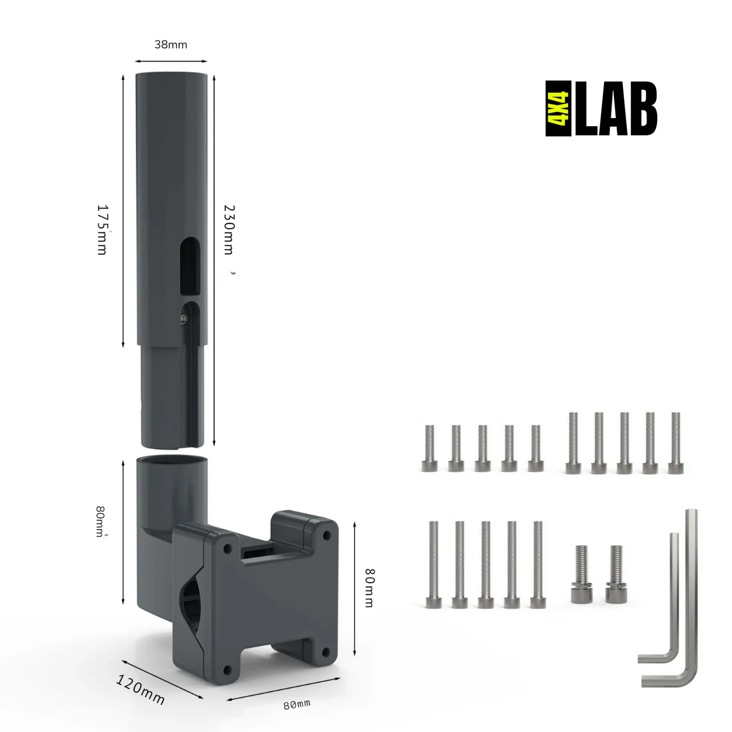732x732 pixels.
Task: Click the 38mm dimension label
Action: point(171,45)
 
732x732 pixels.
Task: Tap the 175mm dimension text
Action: point(102,229)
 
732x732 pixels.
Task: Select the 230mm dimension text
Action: point(229,229)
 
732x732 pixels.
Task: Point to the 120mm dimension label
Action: point(140,689)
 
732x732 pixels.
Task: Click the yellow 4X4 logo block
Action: point(558,108)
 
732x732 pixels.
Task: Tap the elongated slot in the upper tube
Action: point(190,265)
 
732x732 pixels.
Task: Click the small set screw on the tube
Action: point(183,318)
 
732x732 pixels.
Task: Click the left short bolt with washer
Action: point(582,574)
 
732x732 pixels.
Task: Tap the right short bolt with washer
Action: point(616,574)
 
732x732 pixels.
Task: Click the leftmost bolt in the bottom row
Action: point(434,564)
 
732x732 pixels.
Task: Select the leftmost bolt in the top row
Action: point(430,448)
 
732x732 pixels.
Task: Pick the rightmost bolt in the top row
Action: point(675,443)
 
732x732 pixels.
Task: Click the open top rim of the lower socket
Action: point(172,461)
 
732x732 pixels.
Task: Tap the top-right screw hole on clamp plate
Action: point(327,535)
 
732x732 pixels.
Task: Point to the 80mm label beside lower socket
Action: point(101,521)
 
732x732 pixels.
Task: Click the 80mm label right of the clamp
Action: point(370,588)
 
